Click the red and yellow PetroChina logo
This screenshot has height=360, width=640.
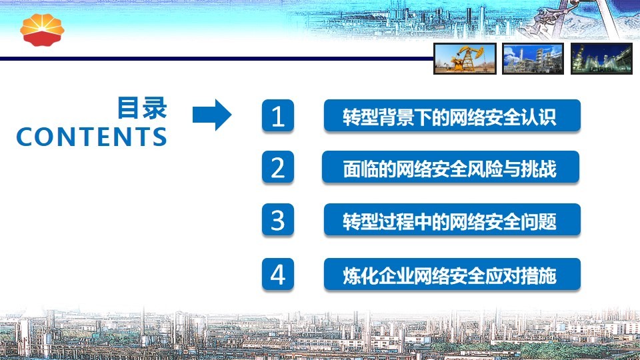click(42, 30)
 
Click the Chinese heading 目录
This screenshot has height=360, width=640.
click(142, 108)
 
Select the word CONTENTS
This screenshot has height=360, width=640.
click(91, 137)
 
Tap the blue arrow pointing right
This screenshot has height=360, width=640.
click(212, 115)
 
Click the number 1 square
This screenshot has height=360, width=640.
click(277, 115)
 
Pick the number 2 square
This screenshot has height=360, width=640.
click(277, 167)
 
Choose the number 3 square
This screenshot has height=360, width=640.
click(277, 219)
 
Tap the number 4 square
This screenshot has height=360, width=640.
click(277, 274)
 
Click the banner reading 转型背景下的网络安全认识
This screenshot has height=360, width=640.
click(452, 115)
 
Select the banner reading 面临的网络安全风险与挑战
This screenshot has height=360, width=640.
click(451, 167)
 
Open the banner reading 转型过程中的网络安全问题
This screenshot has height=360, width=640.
click(452, 219)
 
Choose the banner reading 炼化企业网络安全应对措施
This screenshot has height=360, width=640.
click(452, 274)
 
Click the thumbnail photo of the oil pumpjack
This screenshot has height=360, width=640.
click(465, 59)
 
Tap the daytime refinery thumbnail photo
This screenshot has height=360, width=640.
click(533, 59)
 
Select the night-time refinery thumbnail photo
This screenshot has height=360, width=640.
click(601, 59)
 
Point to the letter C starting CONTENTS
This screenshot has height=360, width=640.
click(25, 137)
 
